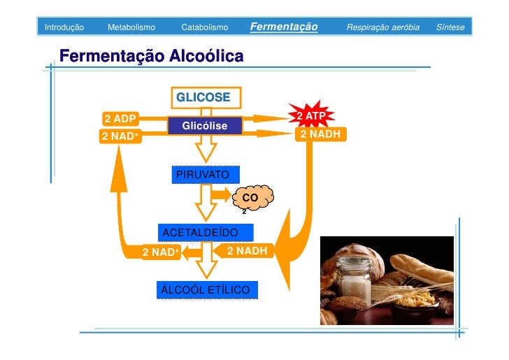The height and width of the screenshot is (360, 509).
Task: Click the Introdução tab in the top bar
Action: pos(64,27)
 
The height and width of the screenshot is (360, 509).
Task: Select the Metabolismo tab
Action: pos(131,27)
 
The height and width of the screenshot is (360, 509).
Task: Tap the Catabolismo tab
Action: pos(204,27)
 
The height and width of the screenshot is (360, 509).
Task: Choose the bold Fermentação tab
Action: pos(283,27)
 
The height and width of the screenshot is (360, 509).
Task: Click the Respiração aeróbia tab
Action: pos(383,27)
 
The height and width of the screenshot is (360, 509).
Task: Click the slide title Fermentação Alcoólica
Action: pos(152,55)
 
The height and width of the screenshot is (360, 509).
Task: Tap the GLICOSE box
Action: pos(203,97)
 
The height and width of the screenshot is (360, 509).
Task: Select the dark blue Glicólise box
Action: pos(205,126)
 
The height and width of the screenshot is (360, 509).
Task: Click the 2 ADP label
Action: pos(120,117)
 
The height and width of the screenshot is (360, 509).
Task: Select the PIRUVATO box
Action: pos(203,173)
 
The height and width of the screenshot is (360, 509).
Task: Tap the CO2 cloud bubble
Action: pos(250,199)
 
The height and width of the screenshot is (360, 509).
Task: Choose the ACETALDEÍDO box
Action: pos(200,232)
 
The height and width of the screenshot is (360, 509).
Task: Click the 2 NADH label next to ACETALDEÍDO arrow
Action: pos(247,250)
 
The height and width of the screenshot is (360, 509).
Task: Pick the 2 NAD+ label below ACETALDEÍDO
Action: pos(161,252)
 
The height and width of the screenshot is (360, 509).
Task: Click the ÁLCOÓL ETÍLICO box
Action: pos(206,289)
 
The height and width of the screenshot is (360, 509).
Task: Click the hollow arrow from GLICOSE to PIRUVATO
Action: pos(206,148)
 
